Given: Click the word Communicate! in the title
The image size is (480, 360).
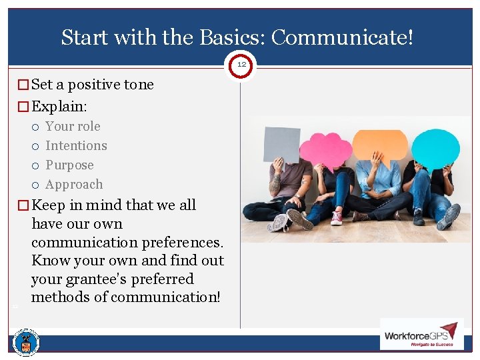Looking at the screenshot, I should pyautogui.click(x=342, y=37).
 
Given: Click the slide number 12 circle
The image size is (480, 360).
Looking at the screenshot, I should pyautogui.click(x=241, y=65).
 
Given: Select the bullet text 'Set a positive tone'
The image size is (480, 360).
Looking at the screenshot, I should pyautogui.click(x=92, y=85).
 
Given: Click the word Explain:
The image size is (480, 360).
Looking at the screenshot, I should pyautogui.click(x=60, y=106).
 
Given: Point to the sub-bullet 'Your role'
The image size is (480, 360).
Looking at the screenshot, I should pyautogui.click(x=73, y=127).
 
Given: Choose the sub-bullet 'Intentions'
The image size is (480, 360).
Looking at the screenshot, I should pyautogui.click(x=76, y=146).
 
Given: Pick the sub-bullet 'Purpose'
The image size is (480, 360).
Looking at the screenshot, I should pyautogui.click(x=69, y=165).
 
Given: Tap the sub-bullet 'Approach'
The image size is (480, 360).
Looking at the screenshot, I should pyautogui.click(x=74, y=185).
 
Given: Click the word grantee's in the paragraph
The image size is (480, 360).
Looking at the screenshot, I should pyautogui.click(x=159, y=279).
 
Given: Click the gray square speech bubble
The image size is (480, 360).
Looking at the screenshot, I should pyautogui.click(x=281, y=144).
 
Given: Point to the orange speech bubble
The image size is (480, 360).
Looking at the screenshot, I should pyautogui.click(x=379, y=144).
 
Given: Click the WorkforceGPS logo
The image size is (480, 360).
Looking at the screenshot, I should pyautogui.click(x=421, y=333).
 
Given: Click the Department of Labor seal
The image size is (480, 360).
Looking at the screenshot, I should pyautogui.click(x=26, y=343).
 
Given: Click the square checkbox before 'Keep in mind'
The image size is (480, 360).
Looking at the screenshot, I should pyautogui.click(x=24, y=205).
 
